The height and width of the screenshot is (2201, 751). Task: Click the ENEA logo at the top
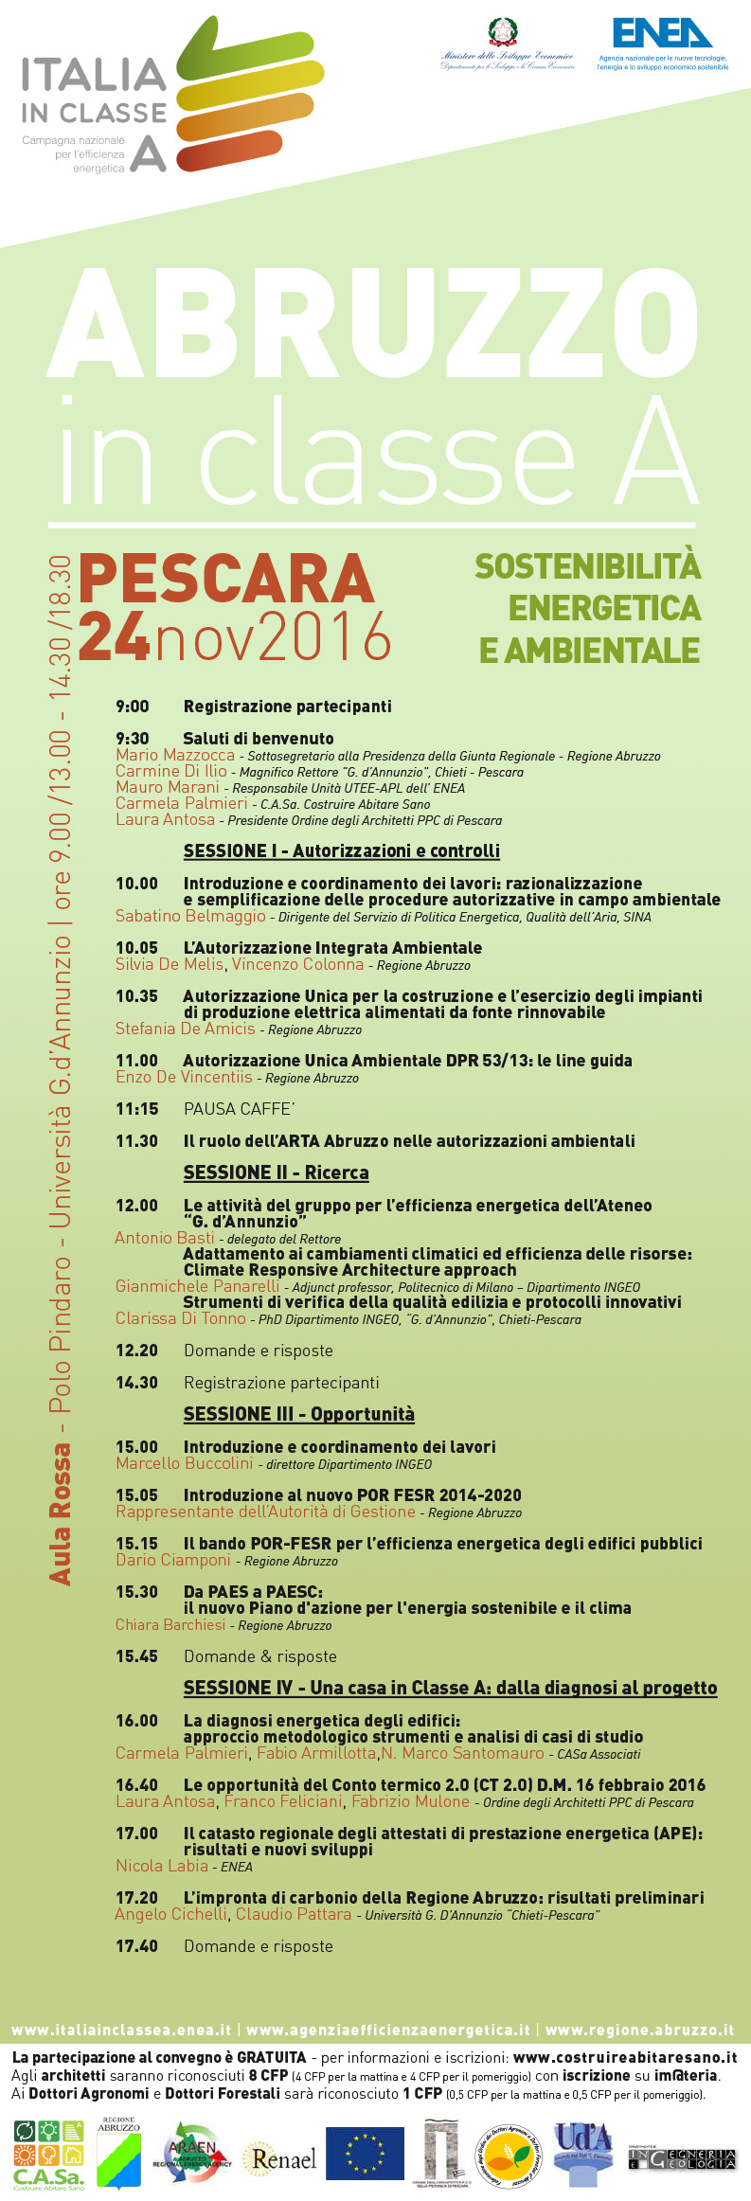662,34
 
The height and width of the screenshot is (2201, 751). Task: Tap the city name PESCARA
226,580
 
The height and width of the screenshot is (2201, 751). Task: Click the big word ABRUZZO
373,324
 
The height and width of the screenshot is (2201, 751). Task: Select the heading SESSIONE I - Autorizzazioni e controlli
341,851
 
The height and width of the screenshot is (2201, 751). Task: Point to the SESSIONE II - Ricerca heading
276,1172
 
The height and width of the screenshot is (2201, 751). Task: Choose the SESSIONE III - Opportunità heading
298,1414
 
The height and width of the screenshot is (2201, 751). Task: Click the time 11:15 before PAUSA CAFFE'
136,1109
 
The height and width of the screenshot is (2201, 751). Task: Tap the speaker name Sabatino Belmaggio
190,916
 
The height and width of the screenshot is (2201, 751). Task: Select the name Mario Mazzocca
175,755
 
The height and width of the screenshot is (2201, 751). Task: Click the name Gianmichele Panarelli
197,1286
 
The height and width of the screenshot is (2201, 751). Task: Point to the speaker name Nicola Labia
162,1866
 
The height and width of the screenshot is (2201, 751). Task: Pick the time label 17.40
136,1946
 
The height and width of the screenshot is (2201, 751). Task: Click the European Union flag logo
365,2153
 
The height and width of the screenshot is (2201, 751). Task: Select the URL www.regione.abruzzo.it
639,2030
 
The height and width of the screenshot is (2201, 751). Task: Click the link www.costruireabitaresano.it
624,2057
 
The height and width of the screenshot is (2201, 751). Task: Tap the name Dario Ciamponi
173,1560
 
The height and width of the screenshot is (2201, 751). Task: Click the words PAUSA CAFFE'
240,1109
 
